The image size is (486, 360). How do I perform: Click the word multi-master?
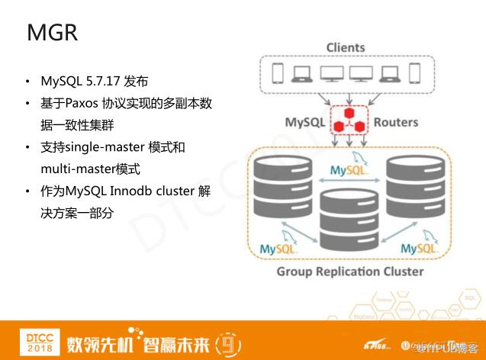coord(76,168)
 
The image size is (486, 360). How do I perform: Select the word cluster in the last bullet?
coord(172,191)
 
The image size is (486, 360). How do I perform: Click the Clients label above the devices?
coord(346,47)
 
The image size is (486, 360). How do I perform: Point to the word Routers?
coord(396,122)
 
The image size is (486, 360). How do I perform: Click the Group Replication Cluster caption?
coord(349,271)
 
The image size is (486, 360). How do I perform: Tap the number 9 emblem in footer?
coord(227,341)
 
